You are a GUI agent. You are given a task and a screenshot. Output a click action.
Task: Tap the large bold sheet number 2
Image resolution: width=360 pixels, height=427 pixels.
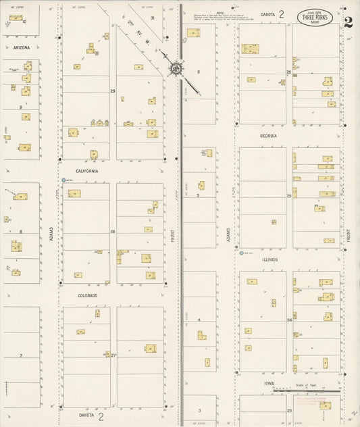pyautogui.click(x=347, y=21)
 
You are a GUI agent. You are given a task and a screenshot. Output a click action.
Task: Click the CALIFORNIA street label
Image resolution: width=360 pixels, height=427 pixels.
pyautogui.click(x=87, y=171)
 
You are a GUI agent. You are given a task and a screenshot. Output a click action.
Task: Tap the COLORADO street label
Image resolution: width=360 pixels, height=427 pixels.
pyautogui.click(x=87, y=295)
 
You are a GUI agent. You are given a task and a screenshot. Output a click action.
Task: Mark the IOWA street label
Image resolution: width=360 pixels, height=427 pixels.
pyautogui.click(x=269, y=383)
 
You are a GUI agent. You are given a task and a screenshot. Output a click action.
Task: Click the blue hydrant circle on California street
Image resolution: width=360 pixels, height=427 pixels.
pyautogui.click(x=63, y=180)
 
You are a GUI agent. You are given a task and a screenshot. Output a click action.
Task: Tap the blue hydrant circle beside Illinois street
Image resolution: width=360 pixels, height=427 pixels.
pyautogui.click(x=241, y=254)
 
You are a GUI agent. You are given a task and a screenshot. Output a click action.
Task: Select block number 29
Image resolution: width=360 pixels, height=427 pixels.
pyautogui.click(x=113, y=91)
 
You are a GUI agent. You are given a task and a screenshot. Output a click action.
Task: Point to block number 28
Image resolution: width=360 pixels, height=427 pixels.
pyautogui.click(x=113, y=232)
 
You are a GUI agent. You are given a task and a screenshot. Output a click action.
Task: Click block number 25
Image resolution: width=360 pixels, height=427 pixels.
pyautogui.click(x=288, y=196)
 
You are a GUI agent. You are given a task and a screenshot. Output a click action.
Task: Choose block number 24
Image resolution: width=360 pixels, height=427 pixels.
pyautogui.click(x=288, y=320)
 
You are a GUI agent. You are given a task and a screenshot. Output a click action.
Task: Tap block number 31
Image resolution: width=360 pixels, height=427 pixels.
pyautogui.click(x=152, y=18)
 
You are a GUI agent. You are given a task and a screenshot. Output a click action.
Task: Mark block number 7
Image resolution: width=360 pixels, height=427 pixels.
pyautogui.click(x=21, y=355)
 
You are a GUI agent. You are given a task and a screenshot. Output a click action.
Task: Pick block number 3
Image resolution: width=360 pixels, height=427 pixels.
pyautogui.click(x=199, y=410)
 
